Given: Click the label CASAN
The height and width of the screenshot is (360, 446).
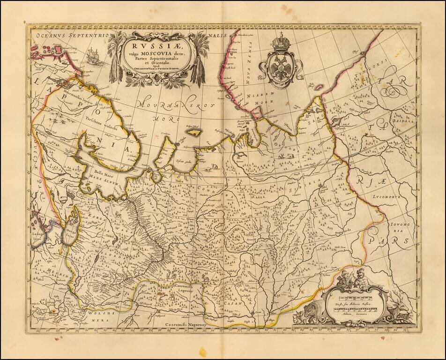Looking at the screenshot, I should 232,303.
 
